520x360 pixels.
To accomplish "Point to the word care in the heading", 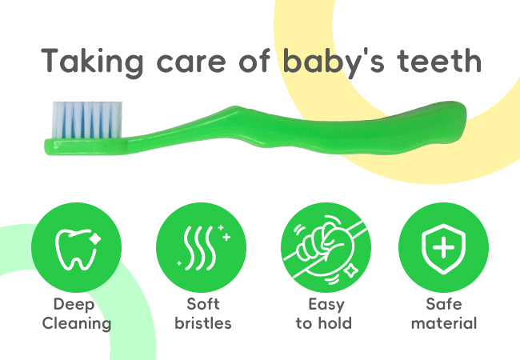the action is click(191, 64).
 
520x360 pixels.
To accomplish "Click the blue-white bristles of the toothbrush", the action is click(87, 120).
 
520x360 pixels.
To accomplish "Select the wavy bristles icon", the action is click(203, 247).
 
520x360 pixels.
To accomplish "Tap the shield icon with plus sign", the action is click(443, 248).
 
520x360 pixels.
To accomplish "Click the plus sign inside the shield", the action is click(443, 247).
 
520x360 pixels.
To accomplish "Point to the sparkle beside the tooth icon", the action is click(95, 238).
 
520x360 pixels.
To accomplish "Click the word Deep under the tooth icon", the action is click(74, 305).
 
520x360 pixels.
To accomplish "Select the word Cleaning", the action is click(77, 324).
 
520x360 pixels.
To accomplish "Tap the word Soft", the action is click(203, 304).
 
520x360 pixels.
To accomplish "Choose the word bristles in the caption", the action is click(203, 323).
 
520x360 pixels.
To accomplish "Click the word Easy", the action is click(326, 305).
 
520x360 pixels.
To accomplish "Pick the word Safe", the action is click(444, 304).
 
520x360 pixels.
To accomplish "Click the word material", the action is click(444, 323).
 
